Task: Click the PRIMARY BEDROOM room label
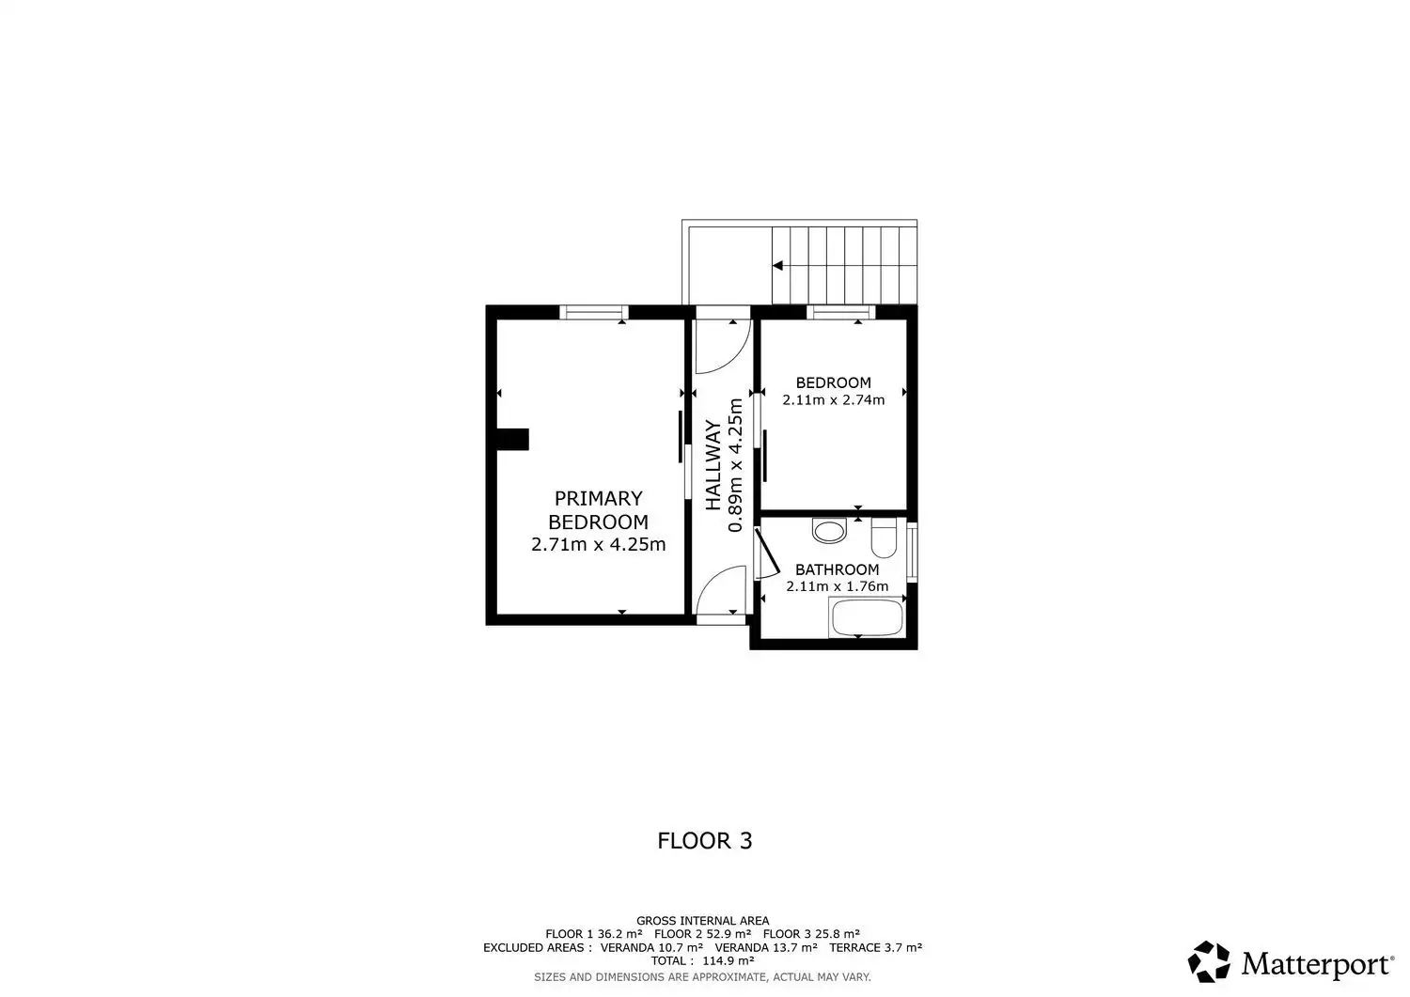pos(598,510)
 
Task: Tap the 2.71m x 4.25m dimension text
pos(598,544)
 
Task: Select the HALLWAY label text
pos(713,465)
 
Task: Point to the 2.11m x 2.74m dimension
pos(834,399)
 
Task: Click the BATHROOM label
pos(838,569)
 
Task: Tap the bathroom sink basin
pos(829,531)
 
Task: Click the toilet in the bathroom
pos(884,538)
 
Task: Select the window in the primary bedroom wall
pos(593,312)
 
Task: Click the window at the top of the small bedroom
pos(841,312)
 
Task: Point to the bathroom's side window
pos(912,552)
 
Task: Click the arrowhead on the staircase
pos(778,266)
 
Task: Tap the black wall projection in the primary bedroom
pos(512,440)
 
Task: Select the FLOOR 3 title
pos(705,841)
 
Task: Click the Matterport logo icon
pos(1209,961)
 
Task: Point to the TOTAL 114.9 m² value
pos(702,960)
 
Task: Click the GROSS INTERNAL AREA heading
pos(702,921)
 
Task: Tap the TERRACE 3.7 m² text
pos(875,947)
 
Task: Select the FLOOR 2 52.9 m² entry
pos(702,934)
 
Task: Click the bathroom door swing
pos(768,553)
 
